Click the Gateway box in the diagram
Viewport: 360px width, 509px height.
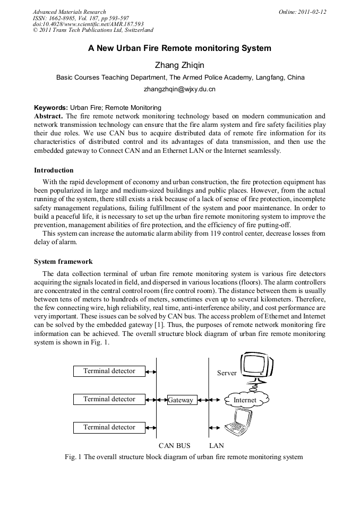tap(181, 400)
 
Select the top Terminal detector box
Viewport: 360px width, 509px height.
tap(109, 371)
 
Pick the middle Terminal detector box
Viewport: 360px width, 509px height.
tap(109, 399)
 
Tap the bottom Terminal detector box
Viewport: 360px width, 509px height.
tap(109, 427)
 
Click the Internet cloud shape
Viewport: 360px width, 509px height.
tap(245, 400)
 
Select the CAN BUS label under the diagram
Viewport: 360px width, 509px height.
tap(174, 445)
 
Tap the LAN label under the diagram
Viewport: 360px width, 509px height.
tap(217, 445)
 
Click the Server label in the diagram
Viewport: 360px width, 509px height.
tap(227, 373)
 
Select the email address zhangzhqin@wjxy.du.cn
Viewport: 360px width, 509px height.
tap(179, 89)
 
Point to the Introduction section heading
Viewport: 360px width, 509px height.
tap(54, 170)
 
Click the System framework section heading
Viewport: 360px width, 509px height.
tap(63, 261)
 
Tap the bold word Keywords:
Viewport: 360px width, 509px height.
tap(50, 108)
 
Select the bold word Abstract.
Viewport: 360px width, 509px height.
tap(48, 116)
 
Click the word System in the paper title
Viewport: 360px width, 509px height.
tap(256, 48)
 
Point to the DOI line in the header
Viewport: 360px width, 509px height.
tap(88, 24)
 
